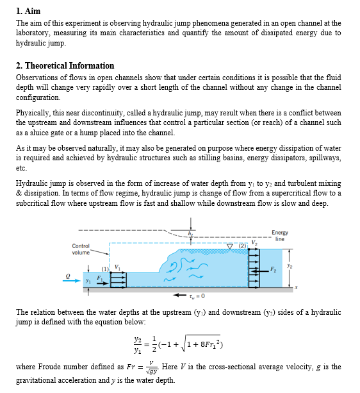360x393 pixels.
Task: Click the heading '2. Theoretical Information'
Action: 65,65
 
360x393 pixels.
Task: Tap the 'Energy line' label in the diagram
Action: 279,235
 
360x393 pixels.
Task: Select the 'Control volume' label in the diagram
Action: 81,249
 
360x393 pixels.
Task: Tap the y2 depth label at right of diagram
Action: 289,265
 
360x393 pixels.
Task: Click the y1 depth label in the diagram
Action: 89,280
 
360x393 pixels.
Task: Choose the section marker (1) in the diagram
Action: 104,266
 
